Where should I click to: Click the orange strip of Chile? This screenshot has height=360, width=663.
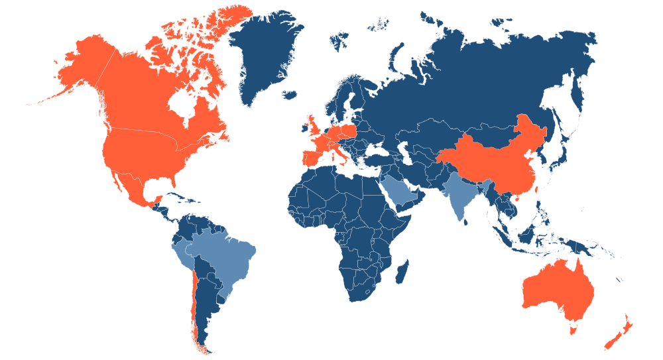(192, 298)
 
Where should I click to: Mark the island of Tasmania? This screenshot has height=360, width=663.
(574, 326)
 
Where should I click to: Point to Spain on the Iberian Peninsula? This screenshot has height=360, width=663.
(312, 159)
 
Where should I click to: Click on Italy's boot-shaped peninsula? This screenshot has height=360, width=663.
(339, 155)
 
